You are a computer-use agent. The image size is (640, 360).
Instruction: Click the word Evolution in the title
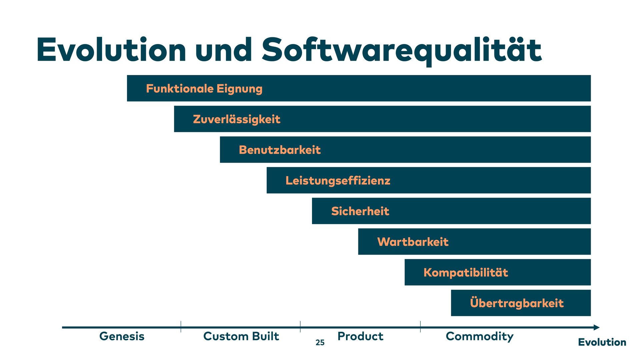[111, 50]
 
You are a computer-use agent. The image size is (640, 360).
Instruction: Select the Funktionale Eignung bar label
[204, 89]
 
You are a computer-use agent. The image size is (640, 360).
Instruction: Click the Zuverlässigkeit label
[236, 119]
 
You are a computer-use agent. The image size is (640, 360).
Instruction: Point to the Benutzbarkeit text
[280, 150]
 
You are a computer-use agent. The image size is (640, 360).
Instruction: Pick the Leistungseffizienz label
[338, 181]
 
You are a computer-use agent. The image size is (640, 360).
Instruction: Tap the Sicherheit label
[360, 211]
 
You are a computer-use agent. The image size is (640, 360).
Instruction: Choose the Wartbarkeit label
[413, 242]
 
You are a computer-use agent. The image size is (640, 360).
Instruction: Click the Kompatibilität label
[466, 273]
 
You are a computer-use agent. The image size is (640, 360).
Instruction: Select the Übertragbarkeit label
[517, 303]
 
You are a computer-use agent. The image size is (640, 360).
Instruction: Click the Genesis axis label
[122, 336]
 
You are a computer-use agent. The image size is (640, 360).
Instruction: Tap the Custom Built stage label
[241, 336]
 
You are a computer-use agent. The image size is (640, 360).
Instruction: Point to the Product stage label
[360, 336]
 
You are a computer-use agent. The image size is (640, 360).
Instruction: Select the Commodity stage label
[479, 337]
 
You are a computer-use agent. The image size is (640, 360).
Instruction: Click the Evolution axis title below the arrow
[602, 342]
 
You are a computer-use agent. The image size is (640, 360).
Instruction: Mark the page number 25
[320, 343]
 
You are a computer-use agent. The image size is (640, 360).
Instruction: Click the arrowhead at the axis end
[596, 327]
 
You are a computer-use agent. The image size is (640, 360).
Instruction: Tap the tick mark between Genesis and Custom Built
[181, 327]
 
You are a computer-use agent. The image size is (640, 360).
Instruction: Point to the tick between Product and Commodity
[420, 327]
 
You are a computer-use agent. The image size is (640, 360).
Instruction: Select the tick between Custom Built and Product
[300, 327]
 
